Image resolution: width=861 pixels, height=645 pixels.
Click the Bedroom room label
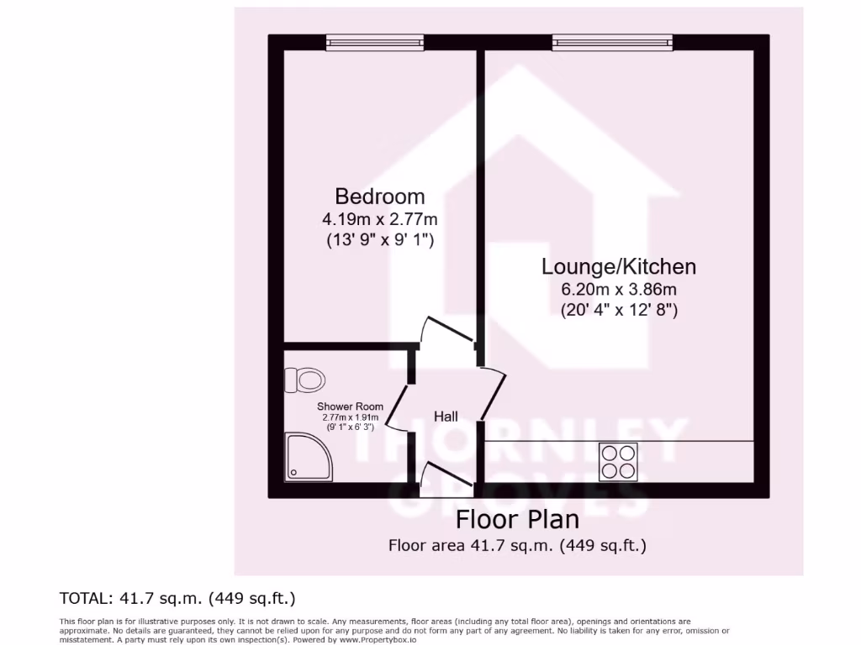pos(379,197)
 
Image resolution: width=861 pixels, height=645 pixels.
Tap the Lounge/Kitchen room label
pos(619,267)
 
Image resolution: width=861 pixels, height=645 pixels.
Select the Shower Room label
pos(350,407)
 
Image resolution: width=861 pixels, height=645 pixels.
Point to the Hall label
pos(446,417)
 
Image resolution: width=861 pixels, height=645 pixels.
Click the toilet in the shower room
pos(306,380)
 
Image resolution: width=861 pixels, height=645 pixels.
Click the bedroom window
pos(375,40)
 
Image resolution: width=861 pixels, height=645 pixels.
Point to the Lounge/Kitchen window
pos(612,40)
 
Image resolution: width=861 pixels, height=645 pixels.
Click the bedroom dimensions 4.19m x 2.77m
pos(379,219)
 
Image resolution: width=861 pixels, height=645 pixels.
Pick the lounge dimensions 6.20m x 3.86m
pos(619,290)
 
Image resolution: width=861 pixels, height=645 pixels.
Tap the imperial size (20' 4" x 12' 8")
pos(619,310)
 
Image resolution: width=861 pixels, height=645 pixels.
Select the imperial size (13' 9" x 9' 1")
pos(379,240)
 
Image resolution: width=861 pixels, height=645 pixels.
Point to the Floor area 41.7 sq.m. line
pos(517,545)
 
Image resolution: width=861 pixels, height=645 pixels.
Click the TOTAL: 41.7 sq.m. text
pos(177,598)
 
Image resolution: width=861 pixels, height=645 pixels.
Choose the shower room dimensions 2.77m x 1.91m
pos(350,417)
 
